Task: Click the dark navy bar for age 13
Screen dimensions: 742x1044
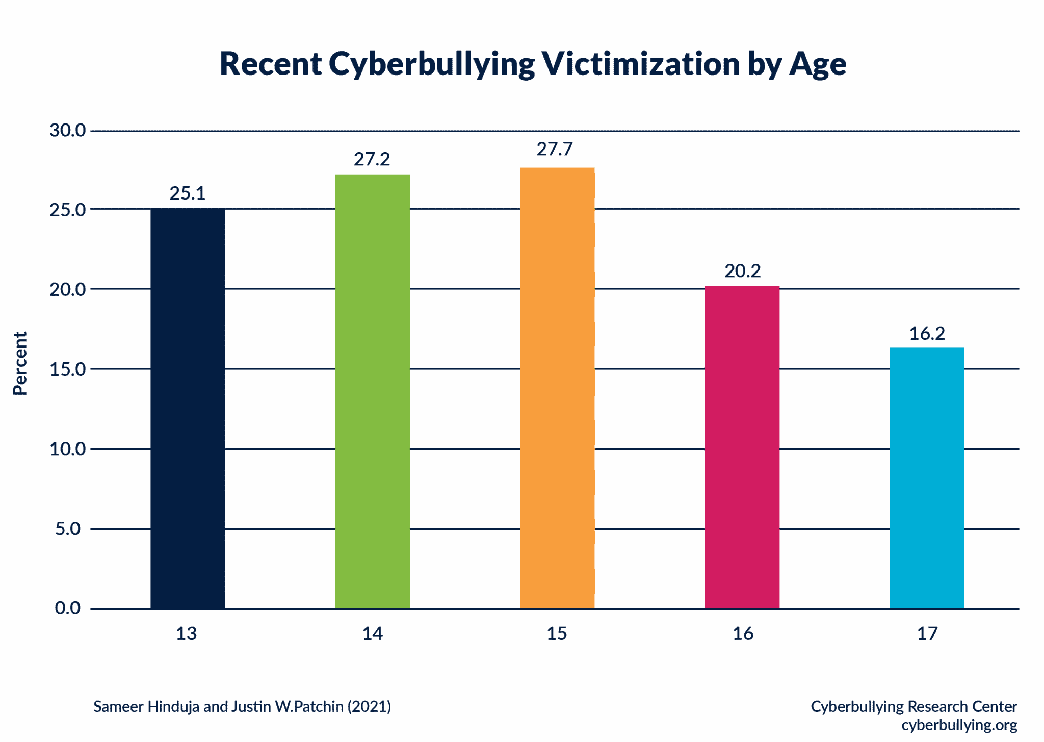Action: point(188,408)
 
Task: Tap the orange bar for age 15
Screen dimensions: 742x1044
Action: point(557,388)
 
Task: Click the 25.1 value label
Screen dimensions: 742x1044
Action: point(188,194)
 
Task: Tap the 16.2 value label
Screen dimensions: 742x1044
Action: point(927,334)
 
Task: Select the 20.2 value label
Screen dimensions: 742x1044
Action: point(743,271)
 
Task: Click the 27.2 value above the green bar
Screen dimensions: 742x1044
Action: point(372,160)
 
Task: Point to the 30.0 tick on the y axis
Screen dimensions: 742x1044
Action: point(67,131)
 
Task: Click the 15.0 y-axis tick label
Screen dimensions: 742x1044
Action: point(67,369)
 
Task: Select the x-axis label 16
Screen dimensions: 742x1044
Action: point(743,634)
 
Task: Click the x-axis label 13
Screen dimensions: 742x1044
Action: point(187,634)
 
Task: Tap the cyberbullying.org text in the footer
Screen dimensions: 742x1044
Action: point(959,725)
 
